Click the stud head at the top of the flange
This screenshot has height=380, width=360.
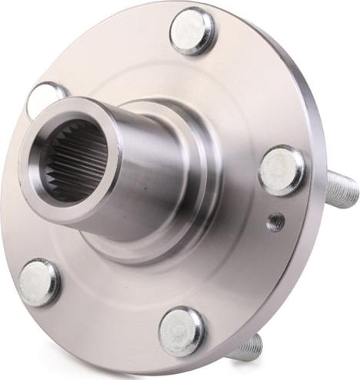pyautogui.click(x=192, y=31)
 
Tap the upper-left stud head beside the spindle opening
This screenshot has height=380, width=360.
pyautogui.click(x=47, y=99)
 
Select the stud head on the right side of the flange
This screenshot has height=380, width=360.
pyautogui.click(x=282, y=170)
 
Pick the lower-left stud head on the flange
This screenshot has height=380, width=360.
pyautogui.click(x=39, y=282)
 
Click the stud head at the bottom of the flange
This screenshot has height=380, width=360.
pyautogui.click(x=182, y=331)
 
